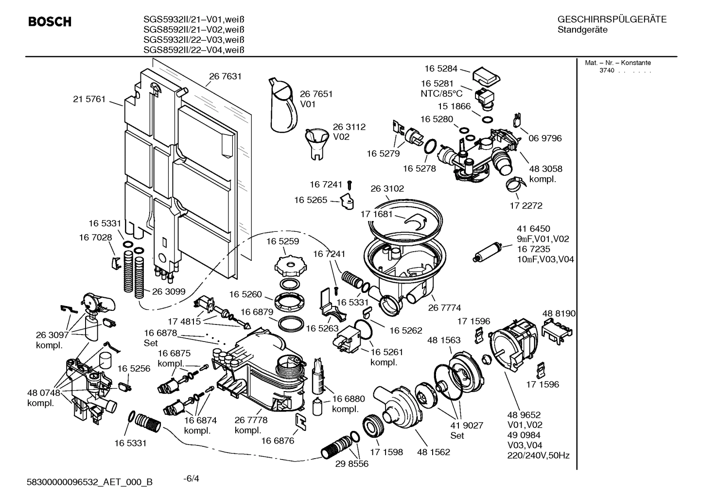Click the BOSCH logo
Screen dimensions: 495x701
click(50, 22)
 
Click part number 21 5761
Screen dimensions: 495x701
click(89, 99)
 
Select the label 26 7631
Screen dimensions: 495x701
click(225, 76)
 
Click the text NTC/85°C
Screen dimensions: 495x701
click(441, 94)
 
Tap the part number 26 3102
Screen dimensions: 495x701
click(387, 188)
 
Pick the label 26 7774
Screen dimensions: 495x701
click(444, 307)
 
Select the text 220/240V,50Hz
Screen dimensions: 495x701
click(538, 455)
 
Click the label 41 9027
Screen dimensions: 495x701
click(467, 426)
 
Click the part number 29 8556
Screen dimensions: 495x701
click(351, 463)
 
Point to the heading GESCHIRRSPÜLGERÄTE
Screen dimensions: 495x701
click(612, 19)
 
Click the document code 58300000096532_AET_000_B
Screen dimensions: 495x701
click(90, 482)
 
